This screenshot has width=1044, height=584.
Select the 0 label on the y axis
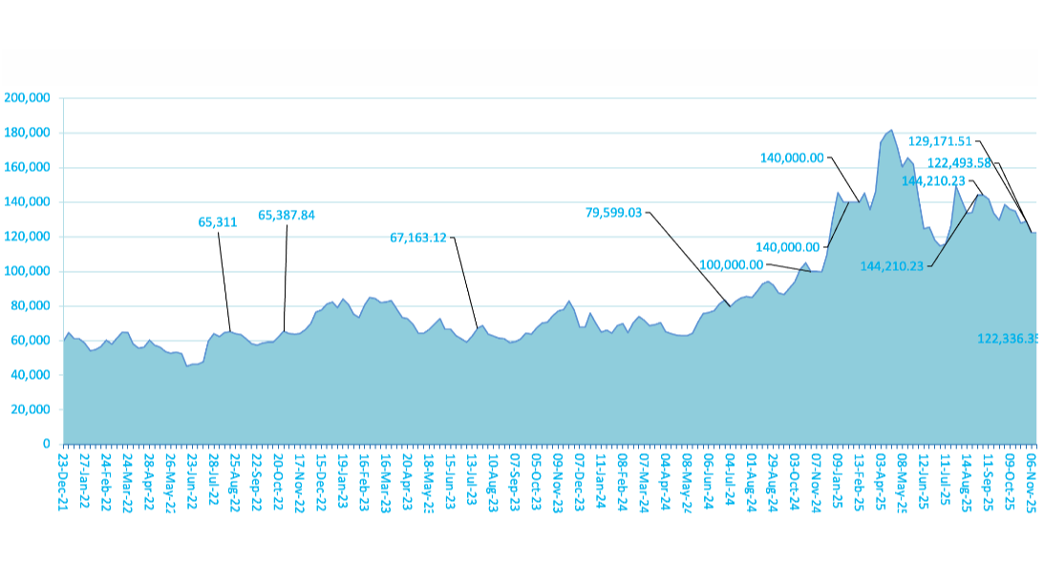tap(45, 445)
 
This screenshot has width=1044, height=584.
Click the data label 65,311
tap(218, 221)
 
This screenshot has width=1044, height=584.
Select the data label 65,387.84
tap(287, 216)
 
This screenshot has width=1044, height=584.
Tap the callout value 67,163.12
tap(419, 238)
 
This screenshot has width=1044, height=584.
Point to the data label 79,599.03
tap(613, 214)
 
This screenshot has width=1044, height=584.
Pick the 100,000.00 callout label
tap(732, 265)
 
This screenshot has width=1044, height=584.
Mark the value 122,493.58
tap(960, 162)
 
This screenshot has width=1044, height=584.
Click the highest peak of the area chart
tap(891, 130)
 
